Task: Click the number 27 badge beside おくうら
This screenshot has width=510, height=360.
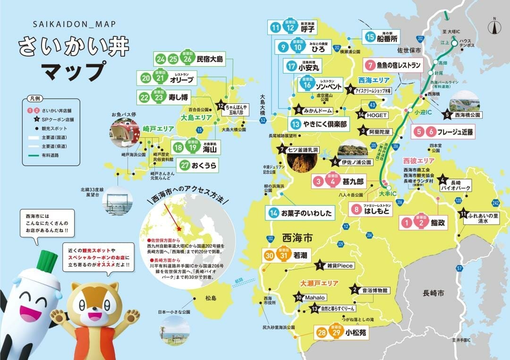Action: (x=185, y=166)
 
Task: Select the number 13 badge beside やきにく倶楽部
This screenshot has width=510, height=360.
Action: (x=296, y=125)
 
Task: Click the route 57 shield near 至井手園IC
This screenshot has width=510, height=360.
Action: (x=459, y=268)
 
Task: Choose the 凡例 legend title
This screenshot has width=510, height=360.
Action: (x=35, y=100)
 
